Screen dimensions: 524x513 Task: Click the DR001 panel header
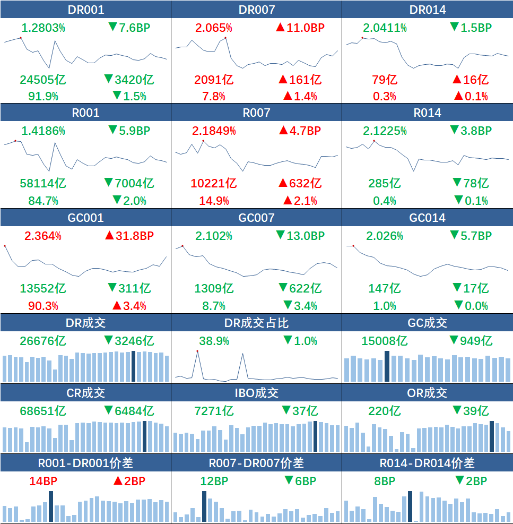click(x=86, y=10)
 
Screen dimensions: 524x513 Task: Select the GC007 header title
click(x=257, y=218)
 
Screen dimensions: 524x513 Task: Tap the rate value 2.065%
click(x=214, y=28)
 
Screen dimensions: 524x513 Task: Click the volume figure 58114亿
click(x=43, y=184)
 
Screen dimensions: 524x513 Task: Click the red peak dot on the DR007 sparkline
click(x=225, y=38)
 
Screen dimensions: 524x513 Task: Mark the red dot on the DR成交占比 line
click(x=197, y=351)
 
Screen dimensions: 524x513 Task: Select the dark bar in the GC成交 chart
click(x=387, y=366)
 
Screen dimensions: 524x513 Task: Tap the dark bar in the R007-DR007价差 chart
click(x=204, y=506)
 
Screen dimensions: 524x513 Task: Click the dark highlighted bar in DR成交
click(x=133, y=366)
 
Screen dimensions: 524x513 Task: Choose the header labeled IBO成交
click(x=257, y=393)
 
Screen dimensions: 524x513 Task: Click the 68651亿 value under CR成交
click(x=43, y=411)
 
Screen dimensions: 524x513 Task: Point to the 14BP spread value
click(x=44, y=482)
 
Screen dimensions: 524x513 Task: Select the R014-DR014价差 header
click(x=428, y=463)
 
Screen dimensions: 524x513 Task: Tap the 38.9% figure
click(x=214, y=341)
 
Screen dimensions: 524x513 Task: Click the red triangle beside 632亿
click(x=283, y=184)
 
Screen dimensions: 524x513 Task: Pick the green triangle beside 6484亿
click(x=109, y=410)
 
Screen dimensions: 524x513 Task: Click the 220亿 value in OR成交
click(x=385, y=411)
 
